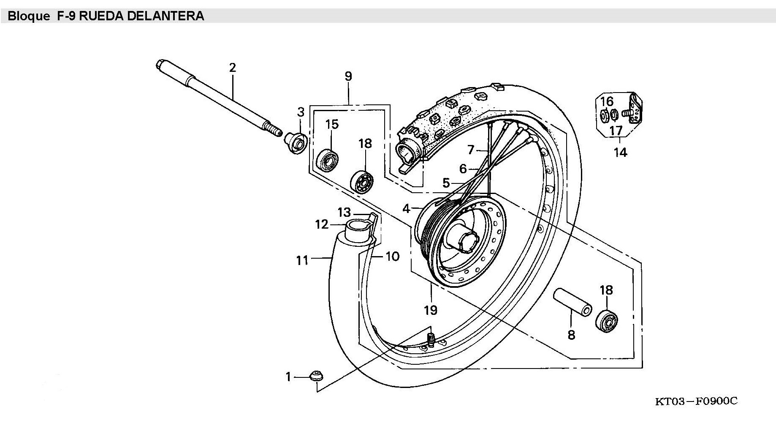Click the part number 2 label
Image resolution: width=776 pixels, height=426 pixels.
(x=232, y=68)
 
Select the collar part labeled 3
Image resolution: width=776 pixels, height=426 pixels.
(x=296, y=143)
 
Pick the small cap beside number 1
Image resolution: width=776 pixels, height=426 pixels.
(x=316, y=376)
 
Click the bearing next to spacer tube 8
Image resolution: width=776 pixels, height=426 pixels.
(x=607, y=322)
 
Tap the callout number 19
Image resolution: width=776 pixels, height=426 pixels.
(x=431, y=310)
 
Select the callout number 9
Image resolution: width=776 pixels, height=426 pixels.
(x=348, y=76)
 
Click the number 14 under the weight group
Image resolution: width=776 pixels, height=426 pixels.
(x=620, y=152)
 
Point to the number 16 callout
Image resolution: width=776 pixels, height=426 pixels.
(x=607, y=101)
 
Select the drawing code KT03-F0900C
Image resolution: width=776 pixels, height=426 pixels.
(x=696, y=401)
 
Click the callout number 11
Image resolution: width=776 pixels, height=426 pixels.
(x=302, y=260)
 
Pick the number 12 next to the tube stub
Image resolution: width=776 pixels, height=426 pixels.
(x=322, y=224)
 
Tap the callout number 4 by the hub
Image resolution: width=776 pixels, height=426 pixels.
(x=406, y=208)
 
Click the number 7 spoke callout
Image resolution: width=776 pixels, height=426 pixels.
(x=471, y=150)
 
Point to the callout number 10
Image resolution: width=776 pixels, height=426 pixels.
(x=392, y=257)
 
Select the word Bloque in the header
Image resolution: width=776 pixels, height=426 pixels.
(x=29, y=16)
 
